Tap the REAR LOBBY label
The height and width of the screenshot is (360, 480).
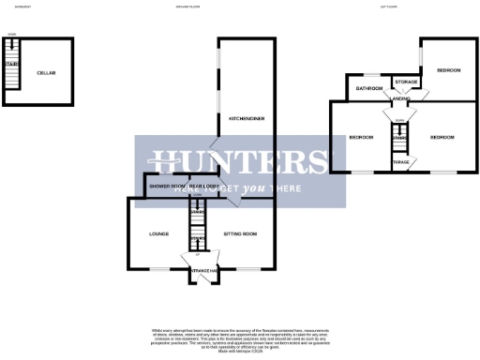click(203, 187)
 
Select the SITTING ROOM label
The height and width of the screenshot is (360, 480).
click(240, 233)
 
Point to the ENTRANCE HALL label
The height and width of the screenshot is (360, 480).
click(204, 270)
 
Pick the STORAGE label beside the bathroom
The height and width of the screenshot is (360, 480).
click(406, 82)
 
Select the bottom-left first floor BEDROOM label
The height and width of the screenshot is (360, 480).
click(362, 138)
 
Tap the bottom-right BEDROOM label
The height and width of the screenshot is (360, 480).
click(442, 138)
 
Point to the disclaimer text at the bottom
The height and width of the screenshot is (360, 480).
click(240, 339)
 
